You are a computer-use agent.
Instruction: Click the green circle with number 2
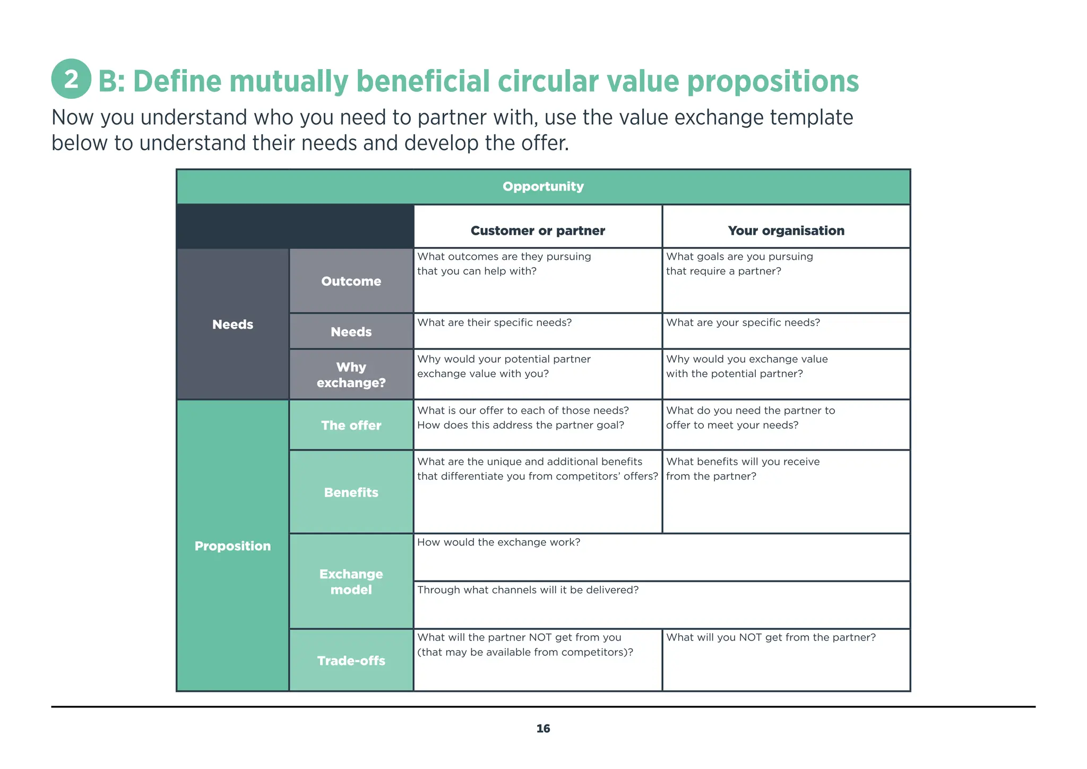71,79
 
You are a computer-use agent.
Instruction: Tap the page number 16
543,729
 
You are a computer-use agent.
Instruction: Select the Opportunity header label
543,186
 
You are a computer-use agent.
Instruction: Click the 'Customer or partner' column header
538,230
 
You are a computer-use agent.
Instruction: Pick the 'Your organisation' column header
786,230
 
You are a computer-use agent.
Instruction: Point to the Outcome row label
351,281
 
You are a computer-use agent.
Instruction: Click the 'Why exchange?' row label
351,375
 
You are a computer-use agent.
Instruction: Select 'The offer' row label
351,425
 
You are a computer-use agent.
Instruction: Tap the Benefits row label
351,492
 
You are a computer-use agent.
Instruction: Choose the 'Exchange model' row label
351,582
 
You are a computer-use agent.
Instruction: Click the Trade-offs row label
351,661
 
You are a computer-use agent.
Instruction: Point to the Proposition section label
232,546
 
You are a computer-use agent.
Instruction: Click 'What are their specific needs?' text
494,323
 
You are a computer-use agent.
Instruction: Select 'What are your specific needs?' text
743,323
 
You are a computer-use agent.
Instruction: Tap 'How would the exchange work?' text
498,542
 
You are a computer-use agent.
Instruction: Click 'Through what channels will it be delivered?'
528,590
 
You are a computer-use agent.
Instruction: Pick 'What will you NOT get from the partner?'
771,637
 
